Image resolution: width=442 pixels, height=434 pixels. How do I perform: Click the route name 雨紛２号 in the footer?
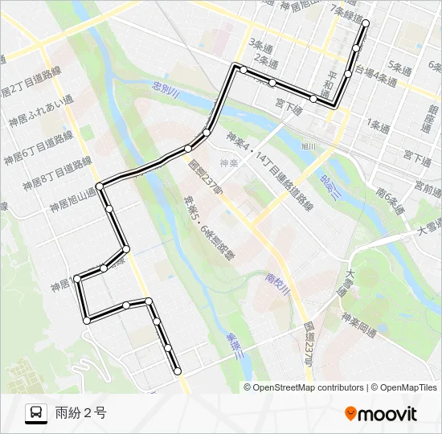coord(80,414)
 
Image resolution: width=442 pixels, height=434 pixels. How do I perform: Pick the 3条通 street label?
coord(262,43)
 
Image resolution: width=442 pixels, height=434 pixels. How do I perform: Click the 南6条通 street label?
coord(391,196)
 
